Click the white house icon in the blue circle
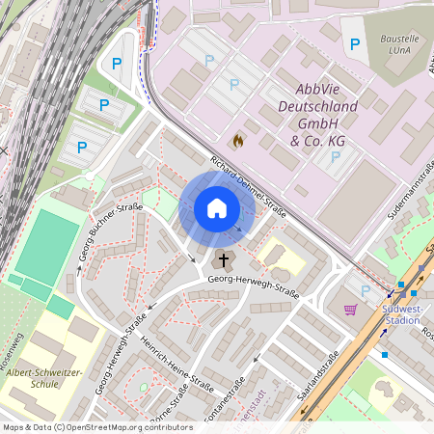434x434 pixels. click(x=216, y=207)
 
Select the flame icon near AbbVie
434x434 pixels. click(x=237, y=141)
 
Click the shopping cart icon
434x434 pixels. click(x=351, y=310)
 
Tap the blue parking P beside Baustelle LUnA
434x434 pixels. click(x=355, y=43)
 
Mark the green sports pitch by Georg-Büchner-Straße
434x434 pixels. click(x=46, y=247)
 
